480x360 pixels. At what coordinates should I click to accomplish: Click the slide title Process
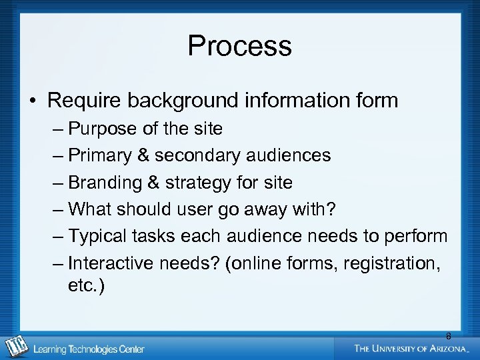239,46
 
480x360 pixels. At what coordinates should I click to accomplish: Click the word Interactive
111,263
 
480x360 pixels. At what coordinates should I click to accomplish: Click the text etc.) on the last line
86,286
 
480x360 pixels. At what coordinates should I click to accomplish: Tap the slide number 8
448,336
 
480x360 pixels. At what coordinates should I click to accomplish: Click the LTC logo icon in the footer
15,347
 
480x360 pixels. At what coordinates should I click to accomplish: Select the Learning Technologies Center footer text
89,349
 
